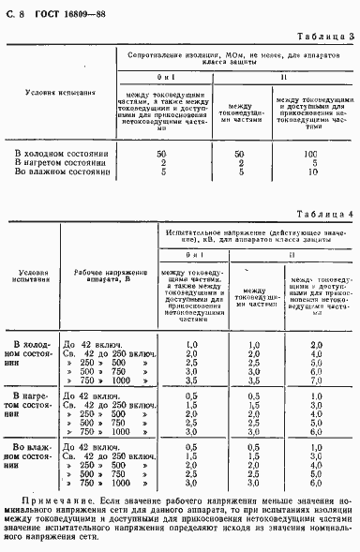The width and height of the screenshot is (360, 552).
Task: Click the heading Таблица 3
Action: pos(323,37)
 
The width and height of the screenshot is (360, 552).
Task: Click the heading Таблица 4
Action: pos(323,214)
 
